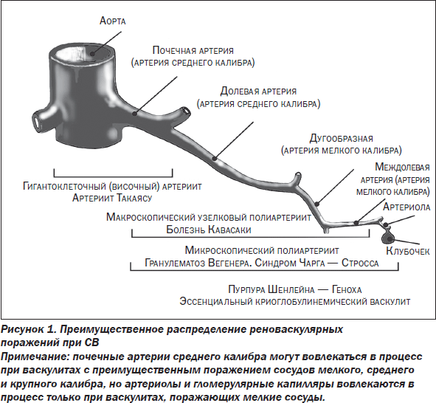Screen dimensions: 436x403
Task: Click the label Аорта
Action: (113, 21)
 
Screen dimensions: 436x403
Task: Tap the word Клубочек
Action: (408, 251)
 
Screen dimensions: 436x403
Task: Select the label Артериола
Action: (406, 207)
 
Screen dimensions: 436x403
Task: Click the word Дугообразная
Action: (341, 138)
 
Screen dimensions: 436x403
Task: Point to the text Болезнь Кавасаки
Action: (209, 230)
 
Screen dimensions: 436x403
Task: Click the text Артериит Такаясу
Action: (112, 198)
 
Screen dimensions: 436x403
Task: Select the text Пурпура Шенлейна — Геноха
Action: (295, 289)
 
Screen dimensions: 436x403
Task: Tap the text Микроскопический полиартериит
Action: (262, 250)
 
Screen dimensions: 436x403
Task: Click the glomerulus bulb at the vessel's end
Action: (387, 237)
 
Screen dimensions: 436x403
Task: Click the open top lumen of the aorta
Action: (83, 54)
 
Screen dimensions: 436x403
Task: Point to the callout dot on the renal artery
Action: (135, 114)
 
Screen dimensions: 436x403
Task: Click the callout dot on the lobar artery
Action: (214, 159)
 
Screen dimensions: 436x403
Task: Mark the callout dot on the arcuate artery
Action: (316, 204)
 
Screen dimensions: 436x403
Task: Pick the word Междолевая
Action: (402, 167)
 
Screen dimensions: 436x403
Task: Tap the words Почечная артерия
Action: (193, 50)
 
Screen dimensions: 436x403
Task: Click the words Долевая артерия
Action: (258, 92)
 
